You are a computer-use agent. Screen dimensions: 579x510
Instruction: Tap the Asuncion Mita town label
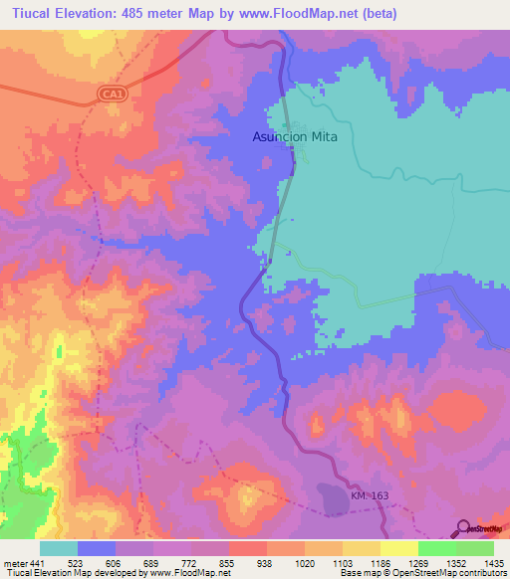tap(294, 137)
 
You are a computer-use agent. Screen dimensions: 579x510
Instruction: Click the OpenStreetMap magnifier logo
tap(463, 528)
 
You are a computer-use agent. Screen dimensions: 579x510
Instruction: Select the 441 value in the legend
tap(37, 562)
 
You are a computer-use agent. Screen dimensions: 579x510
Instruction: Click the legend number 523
tap(76, 562)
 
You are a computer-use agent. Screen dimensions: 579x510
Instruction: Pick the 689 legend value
tap(152, 562)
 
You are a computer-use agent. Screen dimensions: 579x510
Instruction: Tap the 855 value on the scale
tap(229, 562)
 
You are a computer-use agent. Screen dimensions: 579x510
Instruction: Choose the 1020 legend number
tap(305, 562)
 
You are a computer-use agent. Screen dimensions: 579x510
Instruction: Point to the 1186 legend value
tap(381, 562)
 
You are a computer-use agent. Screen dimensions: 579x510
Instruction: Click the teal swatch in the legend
tap(58, 548)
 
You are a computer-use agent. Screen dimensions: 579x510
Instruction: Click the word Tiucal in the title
tap(27, 13)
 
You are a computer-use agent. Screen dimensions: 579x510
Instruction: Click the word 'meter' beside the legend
tap(15, 562)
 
